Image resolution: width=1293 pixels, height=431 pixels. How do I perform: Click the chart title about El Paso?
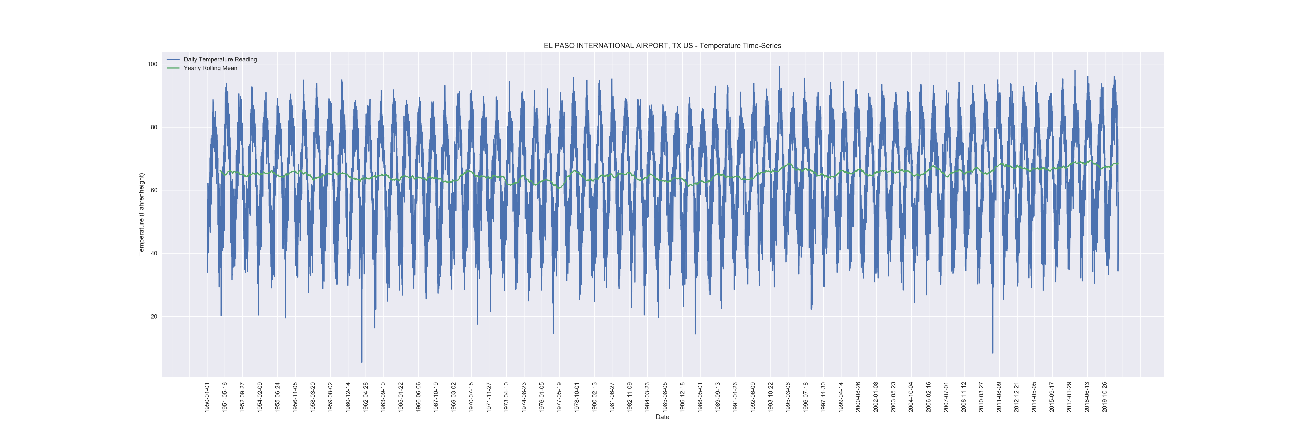[662, 46]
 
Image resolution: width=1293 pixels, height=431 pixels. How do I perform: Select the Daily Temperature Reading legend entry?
[220, 59]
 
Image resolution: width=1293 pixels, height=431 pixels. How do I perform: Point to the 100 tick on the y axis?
[152, 64]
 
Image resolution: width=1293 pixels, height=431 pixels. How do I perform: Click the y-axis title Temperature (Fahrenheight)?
[142, 214]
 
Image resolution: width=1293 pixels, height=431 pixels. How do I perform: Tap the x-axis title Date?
[662, 417]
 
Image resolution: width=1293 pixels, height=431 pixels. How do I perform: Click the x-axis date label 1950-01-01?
[207, 397]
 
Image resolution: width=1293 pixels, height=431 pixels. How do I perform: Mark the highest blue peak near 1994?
[779, 67]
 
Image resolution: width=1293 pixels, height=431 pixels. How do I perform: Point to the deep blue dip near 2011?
[992, 353]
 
